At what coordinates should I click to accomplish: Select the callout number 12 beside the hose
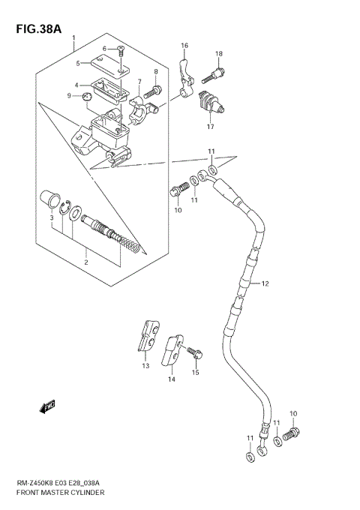pos(263,284)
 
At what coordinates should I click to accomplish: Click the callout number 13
pos(145,365)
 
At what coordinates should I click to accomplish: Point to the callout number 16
pos(184,46)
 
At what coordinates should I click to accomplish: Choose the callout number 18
pos(219,53)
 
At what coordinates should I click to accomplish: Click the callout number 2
pos(85,262)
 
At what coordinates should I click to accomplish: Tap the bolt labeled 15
pos(193,350)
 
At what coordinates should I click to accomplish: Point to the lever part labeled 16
pos(187,73)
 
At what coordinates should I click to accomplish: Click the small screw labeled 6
pos(121,52)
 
